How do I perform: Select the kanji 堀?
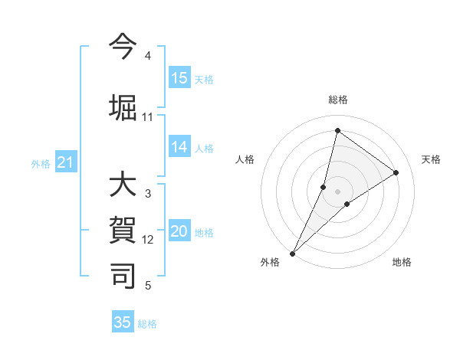tap(123, 106)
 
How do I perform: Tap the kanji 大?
tap(123, 186)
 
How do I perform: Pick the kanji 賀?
tap(123, 231)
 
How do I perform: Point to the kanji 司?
tap(123, 276)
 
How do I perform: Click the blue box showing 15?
tap(179, 78)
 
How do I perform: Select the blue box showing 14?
tap(179, 148)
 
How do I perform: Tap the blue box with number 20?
tap(179, 232)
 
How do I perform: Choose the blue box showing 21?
tap(66, 162)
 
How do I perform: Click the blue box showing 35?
tap(123, 322)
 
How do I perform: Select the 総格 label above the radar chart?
tap(338, 100)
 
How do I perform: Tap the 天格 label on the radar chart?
tap(432, 159)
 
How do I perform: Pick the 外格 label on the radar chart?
tap(270, 263)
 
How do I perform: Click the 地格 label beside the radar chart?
tap(402, 263)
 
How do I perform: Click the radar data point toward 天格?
tap(396, 172)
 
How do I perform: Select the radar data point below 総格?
tap(337, 131)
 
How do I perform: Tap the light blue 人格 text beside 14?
tap(204, 149)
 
